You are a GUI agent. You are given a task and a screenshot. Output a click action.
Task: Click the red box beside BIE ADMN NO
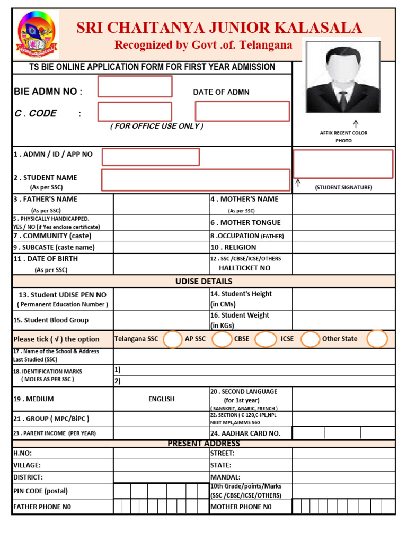(x=135, y=86)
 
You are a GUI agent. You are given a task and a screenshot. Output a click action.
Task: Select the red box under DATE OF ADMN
(x=242, y=111)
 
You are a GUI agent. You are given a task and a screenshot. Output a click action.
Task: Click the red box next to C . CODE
(x=135, y=111)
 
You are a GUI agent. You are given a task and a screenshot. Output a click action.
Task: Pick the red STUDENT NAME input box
(x=196, y=180)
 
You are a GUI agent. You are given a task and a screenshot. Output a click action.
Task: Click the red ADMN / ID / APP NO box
(x=151, y=157)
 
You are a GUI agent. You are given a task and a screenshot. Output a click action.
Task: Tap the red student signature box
(x=343, y=164)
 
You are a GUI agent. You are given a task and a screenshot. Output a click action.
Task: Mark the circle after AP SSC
(x=222, y=339)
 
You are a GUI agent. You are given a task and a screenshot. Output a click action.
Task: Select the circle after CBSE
(x=266, y=339)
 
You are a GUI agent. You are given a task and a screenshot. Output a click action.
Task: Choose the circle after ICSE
(x=310, y=339)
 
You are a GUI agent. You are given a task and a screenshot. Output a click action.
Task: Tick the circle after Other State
(x=377, y=339)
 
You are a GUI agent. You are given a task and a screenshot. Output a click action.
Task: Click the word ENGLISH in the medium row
(x=162, y=399)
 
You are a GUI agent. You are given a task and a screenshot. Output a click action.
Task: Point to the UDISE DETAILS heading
(x=203, y=281)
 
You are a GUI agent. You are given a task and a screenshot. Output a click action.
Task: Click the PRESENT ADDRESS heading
(x=203, y=444)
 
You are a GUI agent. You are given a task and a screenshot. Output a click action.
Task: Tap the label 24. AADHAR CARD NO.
(x=245, y=433)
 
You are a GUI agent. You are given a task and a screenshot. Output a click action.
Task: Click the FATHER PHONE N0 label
(x=42, y=507)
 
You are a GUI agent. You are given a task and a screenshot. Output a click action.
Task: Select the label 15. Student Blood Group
(x=51, y=320)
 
